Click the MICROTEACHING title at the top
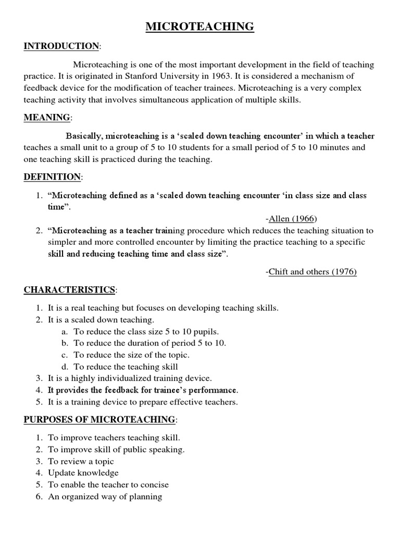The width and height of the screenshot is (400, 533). click(x=200, y=27)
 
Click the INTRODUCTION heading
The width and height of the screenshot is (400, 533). click(x=61, y=46)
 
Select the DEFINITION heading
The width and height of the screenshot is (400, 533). click(x=52, y=177)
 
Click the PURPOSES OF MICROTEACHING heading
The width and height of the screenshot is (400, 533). click(x=99, y=419)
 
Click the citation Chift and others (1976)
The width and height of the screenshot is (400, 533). click(x=312, y=272)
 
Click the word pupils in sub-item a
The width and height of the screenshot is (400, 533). click(x=207, y=331)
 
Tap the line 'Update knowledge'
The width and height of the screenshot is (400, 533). click(x=83, y=473)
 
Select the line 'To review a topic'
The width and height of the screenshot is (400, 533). click(x=81, y=461)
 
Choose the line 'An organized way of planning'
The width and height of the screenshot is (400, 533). click(x=105, y=497)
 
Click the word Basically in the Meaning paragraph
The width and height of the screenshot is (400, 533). click(x=86, y=136)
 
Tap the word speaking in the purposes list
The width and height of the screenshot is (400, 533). click(x=168, y=449)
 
